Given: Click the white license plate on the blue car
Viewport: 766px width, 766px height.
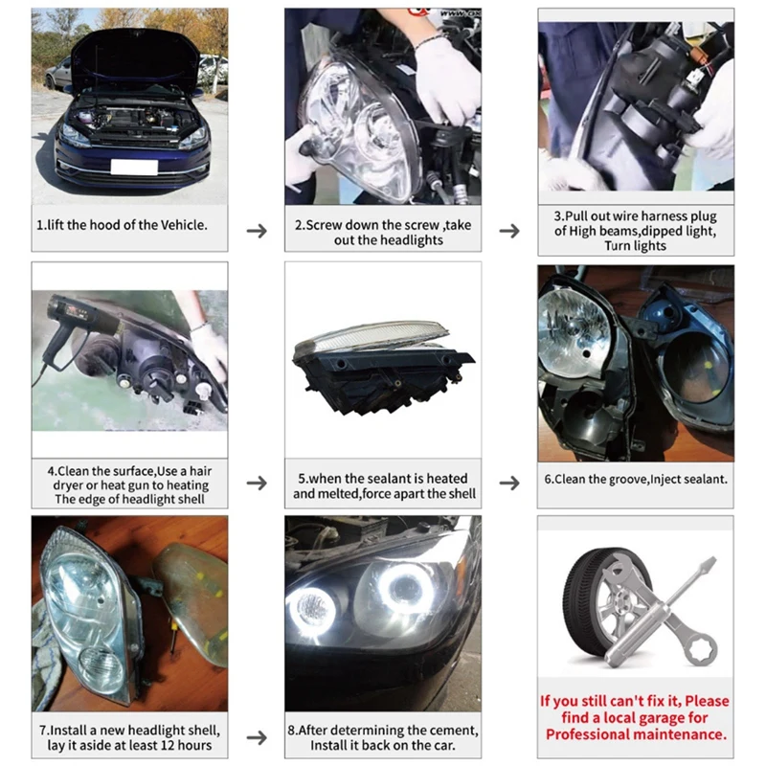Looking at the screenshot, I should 133,167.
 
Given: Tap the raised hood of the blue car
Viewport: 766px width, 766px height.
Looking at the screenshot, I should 133,57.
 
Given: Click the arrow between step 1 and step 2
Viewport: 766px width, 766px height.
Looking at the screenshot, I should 257,231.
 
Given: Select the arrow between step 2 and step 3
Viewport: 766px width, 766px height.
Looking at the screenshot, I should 509,231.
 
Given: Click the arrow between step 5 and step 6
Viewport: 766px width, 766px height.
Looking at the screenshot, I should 509,482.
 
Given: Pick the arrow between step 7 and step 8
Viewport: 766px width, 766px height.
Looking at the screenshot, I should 257,737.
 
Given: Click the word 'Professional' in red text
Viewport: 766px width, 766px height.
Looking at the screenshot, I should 589,734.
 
